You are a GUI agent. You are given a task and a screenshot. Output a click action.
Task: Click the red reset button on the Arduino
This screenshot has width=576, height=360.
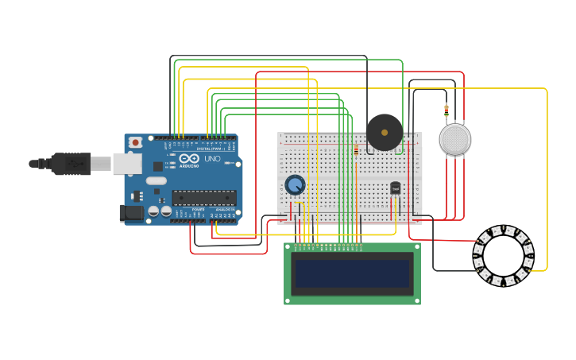[x=136, y=142]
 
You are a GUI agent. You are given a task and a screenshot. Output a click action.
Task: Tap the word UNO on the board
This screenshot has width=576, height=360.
[x=212, y=159]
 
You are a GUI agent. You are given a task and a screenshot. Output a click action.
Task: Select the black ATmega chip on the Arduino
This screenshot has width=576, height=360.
[x=203, y=198]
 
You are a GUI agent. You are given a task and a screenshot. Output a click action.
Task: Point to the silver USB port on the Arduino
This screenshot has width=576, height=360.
[x=126, y=164]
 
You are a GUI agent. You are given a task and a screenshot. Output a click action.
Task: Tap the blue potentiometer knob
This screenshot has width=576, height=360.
[x=295, y=185]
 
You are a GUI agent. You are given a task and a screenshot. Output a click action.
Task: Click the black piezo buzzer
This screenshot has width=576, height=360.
[x=385, y=132]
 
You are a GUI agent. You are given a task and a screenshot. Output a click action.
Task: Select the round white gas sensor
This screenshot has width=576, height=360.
[x=454, y=139]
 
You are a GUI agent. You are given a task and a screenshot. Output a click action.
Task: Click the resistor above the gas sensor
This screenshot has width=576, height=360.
[x=446, y=110]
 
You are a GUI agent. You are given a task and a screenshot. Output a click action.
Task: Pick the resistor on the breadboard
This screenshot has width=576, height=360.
[x=356, y=149]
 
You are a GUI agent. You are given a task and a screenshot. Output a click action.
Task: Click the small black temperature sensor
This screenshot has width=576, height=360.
[x=395, y=188]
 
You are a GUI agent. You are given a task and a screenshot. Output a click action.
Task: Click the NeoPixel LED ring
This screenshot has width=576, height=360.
[x=503, y=257]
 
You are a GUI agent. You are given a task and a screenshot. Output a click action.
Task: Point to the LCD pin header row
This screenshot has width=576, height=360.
[x=328, y=246]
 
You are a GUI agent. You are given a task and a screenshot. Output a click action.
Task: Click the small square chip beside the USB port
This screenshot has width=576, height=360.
[x=158, y=166]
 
